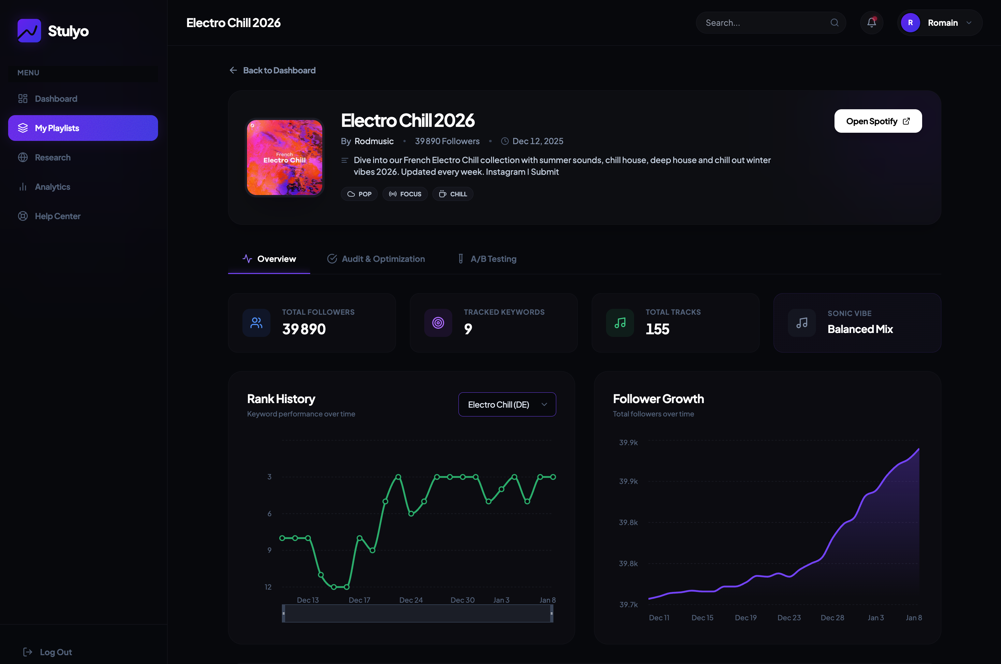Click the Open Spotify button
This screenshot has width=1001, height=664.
[x=878, y=121]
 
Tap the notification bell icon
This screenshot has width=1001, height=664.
[x=871, y=23]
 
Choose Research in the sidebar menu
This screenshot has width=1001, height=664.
[x=52, y=158]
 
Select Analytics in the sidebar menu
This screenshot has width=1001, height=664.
[x=52, y=187]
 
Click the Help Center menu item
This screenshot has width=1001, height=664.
[x=58, y=216]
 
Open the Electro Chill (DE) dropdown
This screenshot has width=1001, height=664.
[x=507, y=404]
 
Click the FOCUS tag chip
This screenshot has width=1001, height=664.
[x=405, y=194]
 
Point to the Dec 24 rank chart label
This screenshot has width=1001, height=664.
[x=411, y=600]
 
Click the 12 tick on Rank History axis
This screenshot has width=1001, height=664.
[x=268, y=587]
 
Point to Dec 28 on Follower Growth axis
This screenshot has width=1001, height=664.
[x=832, y=618]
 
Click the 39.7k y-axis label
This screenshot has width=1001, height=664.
[x=628, y=605]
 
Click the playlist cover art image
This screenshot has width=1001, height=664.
[x=284, y=158]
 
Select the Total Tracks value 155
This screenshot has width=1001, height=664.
[x=657, y=329]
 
